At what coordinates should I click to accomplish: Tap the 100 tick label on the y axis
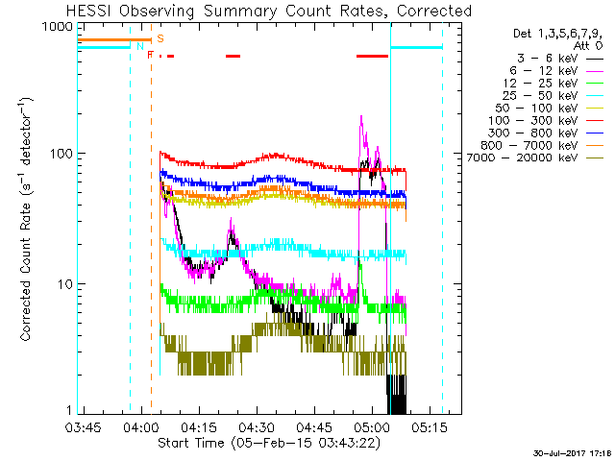(x=61, y=154)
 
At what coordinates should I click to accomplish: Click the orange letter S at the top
(x=160, y=38)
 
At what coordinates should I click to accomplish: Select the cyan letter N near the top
(x=140, y=46)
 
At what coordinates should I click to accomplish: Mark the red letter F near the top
(x=150, y=56)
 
